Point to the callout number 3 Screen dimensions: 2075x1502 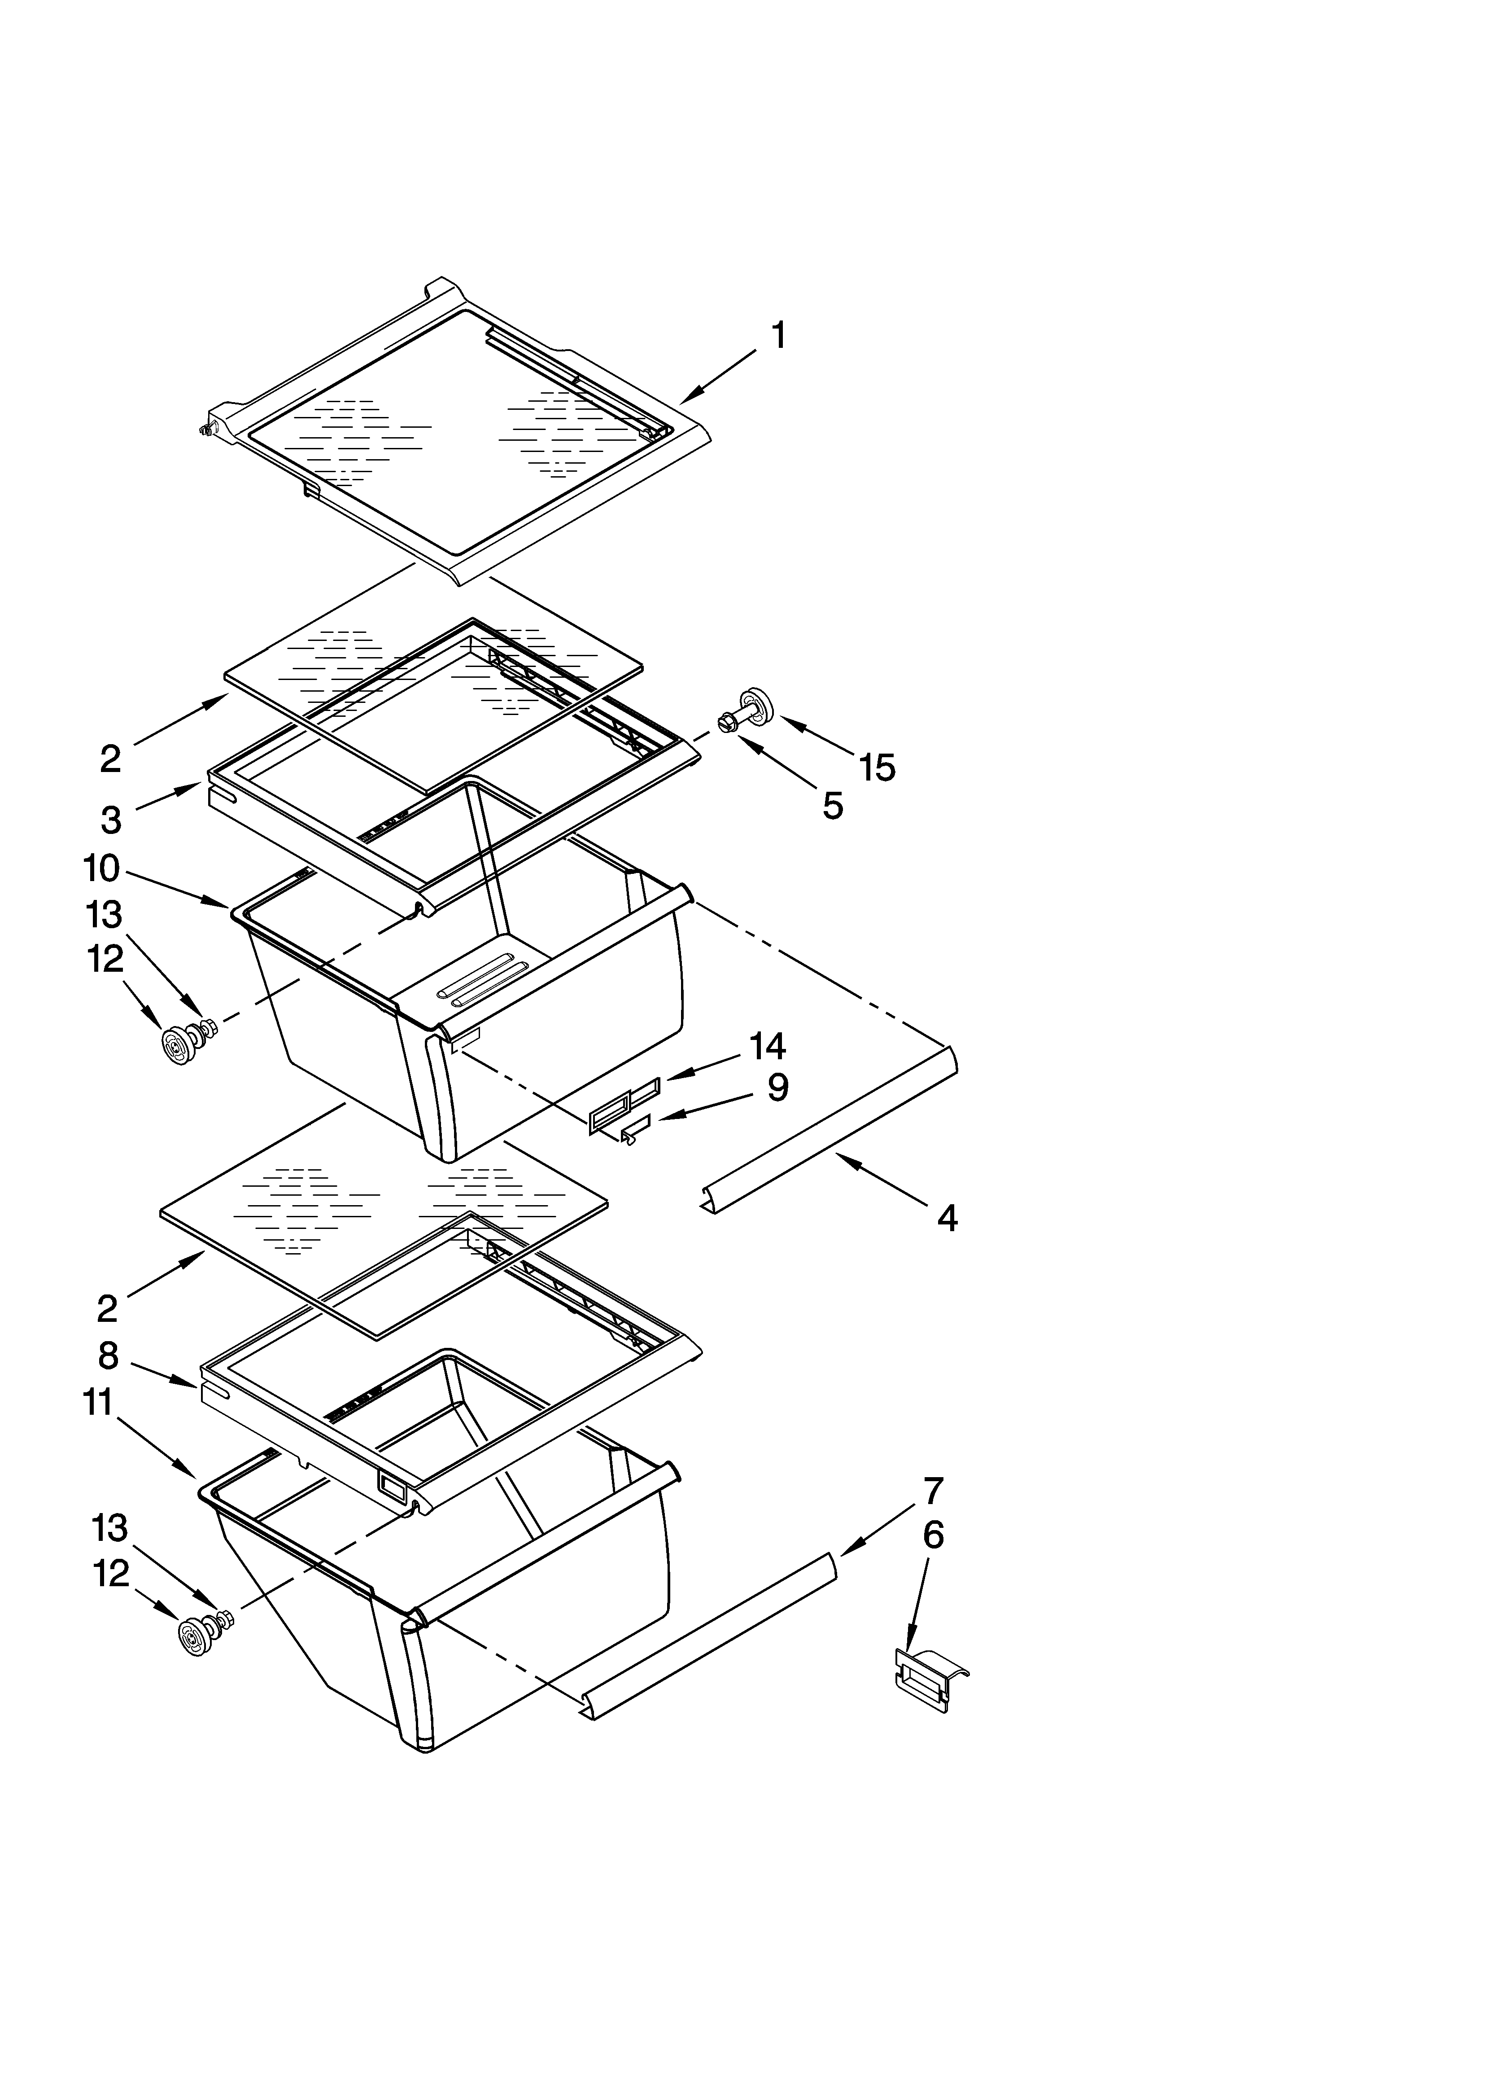[111, 820]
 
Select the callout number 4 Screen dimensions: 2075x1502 [947, 1218]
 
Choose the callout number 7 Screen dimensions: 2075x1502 [933, 1492]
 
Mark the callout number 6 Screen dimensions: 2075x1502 [933, 1535]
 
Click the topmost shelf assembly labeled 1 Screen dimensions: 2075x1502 [457, 430]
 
